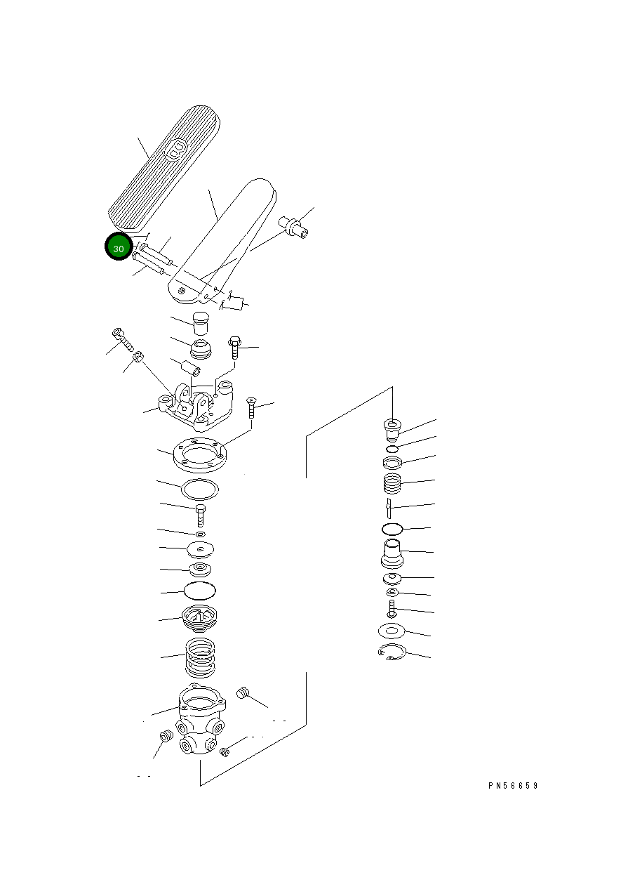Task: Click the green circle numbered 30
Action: coord(119,246)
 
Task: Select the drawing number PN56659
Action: coord(513,785)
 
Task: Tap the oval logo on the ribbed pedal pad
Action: coord(176,150)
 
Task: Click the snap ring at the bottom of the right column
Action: coord(392,652)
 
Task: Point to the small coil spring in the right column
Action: coord(392,484)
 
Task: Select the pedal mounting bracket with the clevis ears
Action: coord(196,407)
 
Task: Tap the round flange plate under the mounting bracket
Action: coord(200,455)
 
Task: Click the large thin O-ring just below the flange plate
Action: coord(200,489)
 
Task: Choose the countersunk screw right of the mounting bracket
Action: coord(251,407)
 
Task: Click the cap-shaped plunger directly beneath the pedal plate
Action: coord(201,323)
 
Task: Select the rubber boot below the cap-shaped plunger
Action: coord(201,349)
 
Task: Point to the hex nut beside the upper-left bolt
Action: coord(138,355)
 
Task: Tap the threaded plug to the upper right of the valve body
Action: coord(243,692)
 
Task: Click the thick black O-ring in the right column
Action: coord(392,530)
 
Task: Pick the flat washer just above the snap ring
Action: coord(392,631)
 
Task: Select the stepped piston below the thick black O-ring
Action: coord(392,553)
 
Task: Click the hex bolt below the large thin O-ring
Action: coord(201,515)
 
